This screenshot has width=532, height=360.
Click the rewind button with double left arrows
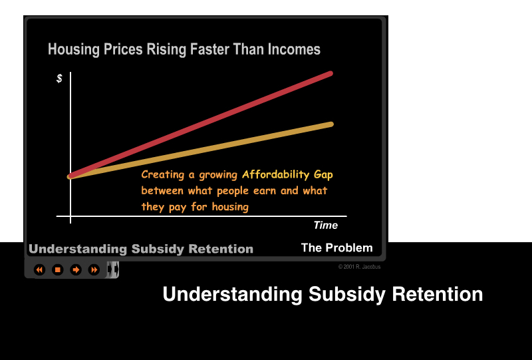click(x=39, y=270)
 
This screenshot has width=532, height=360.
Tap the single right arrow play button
click(x=76, y=270)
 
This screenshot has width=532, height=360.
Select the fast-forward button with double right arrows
click(x=94, y=270)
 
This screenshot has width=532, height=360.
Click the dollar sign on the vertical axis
click(x=59, y=79)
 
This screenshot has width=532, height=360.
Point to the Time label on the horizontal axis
click(x=325, y=226)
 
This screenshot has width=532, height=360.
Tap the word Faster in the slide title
click(x=200, y=50)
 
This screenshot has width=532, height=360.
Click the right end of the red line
click(x=330, y=73)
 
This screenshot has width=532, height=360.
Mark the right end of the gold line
click(x=330, y=124)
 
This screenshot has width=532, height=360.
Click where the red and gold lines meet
click(x=70, y=176)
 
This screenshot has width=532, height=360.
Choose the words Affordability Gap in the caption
click(x=287, y=175)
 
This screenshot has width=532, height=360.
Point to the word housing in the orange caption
click(x=229, y=207)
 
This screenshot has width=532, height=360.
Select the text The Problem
click(x=336, y=248)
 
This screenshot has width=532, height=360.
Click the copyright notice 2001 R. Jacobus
click(x=359, y=267)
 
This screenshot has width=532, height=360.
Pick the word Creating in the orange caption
click(x=163, y=175)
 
